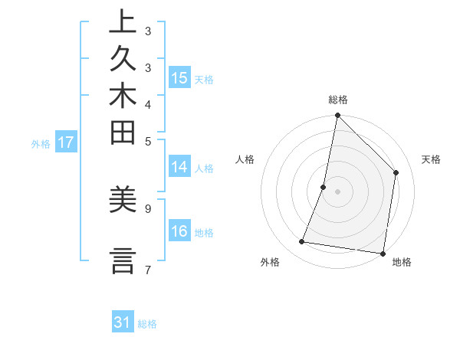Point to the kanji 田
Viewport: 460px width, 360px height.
tap(122, 132)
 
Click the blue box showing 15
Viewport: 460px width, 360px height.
tap(179, 77)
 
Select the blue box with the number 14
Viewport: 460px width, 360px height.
tap(179, 167)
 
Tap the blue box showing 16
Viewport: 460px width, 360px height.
tap(179, 231)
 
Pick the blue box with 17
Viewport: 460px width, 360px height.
tap(66, 142)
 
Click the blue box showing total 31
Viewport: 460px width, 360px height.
tap(123, 322)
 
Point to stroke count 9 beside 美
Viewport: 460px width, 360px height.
tap(148, 208)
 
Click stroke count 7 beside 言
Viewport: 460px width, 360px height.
tap(148, 270)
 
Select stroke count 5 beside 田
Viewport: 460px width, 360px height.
tap(148, 141)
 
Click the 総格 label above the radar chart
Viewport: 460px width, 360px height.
tap(337, 100)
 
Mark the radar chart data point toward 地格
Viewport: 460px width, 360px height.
tap(383, 253)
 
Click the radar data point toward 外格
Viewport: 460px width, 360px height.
tap(302, 242)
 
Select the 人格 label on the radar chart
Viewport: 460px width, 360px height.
tap(245, 159)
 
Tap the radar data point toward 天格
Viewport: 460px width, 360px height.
tap(396, 172)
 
